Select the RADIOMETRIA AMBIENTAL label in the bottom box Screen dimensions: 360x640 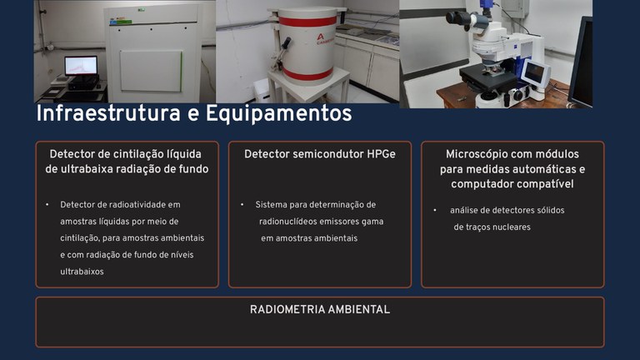(320, 309)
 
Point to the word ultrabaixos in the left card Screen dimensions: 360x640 (82, 272)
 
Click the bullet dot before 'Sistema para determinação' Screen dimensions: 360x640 (242, 204)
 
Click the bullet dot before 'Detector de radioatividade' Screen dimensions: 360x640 (47, 204)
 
